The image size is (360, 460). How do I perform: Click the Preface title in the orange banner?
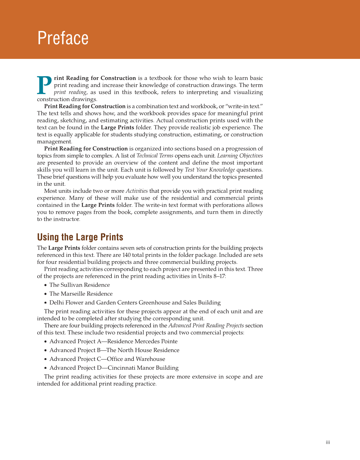point(63,38)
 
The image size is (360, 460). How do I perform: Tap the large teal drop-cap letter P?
point(44,85)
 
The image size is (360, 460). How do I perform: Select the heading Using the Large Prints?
point(80,237)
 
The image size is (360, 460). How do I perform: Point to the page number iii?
point(328,442)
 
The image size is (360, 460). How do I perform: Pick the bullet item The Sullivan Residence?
point(79,285)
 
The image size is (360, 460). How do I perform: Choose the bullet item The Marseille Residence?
point(81,294)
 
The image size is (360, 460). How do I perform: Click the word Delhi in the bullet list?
point(56,303)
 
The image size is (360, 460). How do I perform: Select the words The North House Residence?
point(143,350)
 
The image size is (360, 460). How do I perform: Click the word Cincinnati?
point(122,368)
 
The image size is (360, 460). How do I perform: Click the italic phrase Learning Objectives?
point(240,156)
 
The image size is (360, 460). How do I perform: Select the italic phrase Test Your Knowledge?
point(210,170)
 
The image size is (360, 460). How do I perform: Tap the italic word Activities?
point(136,191)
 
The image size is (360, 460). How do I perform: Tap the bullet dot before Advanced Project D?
point(45,368)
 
